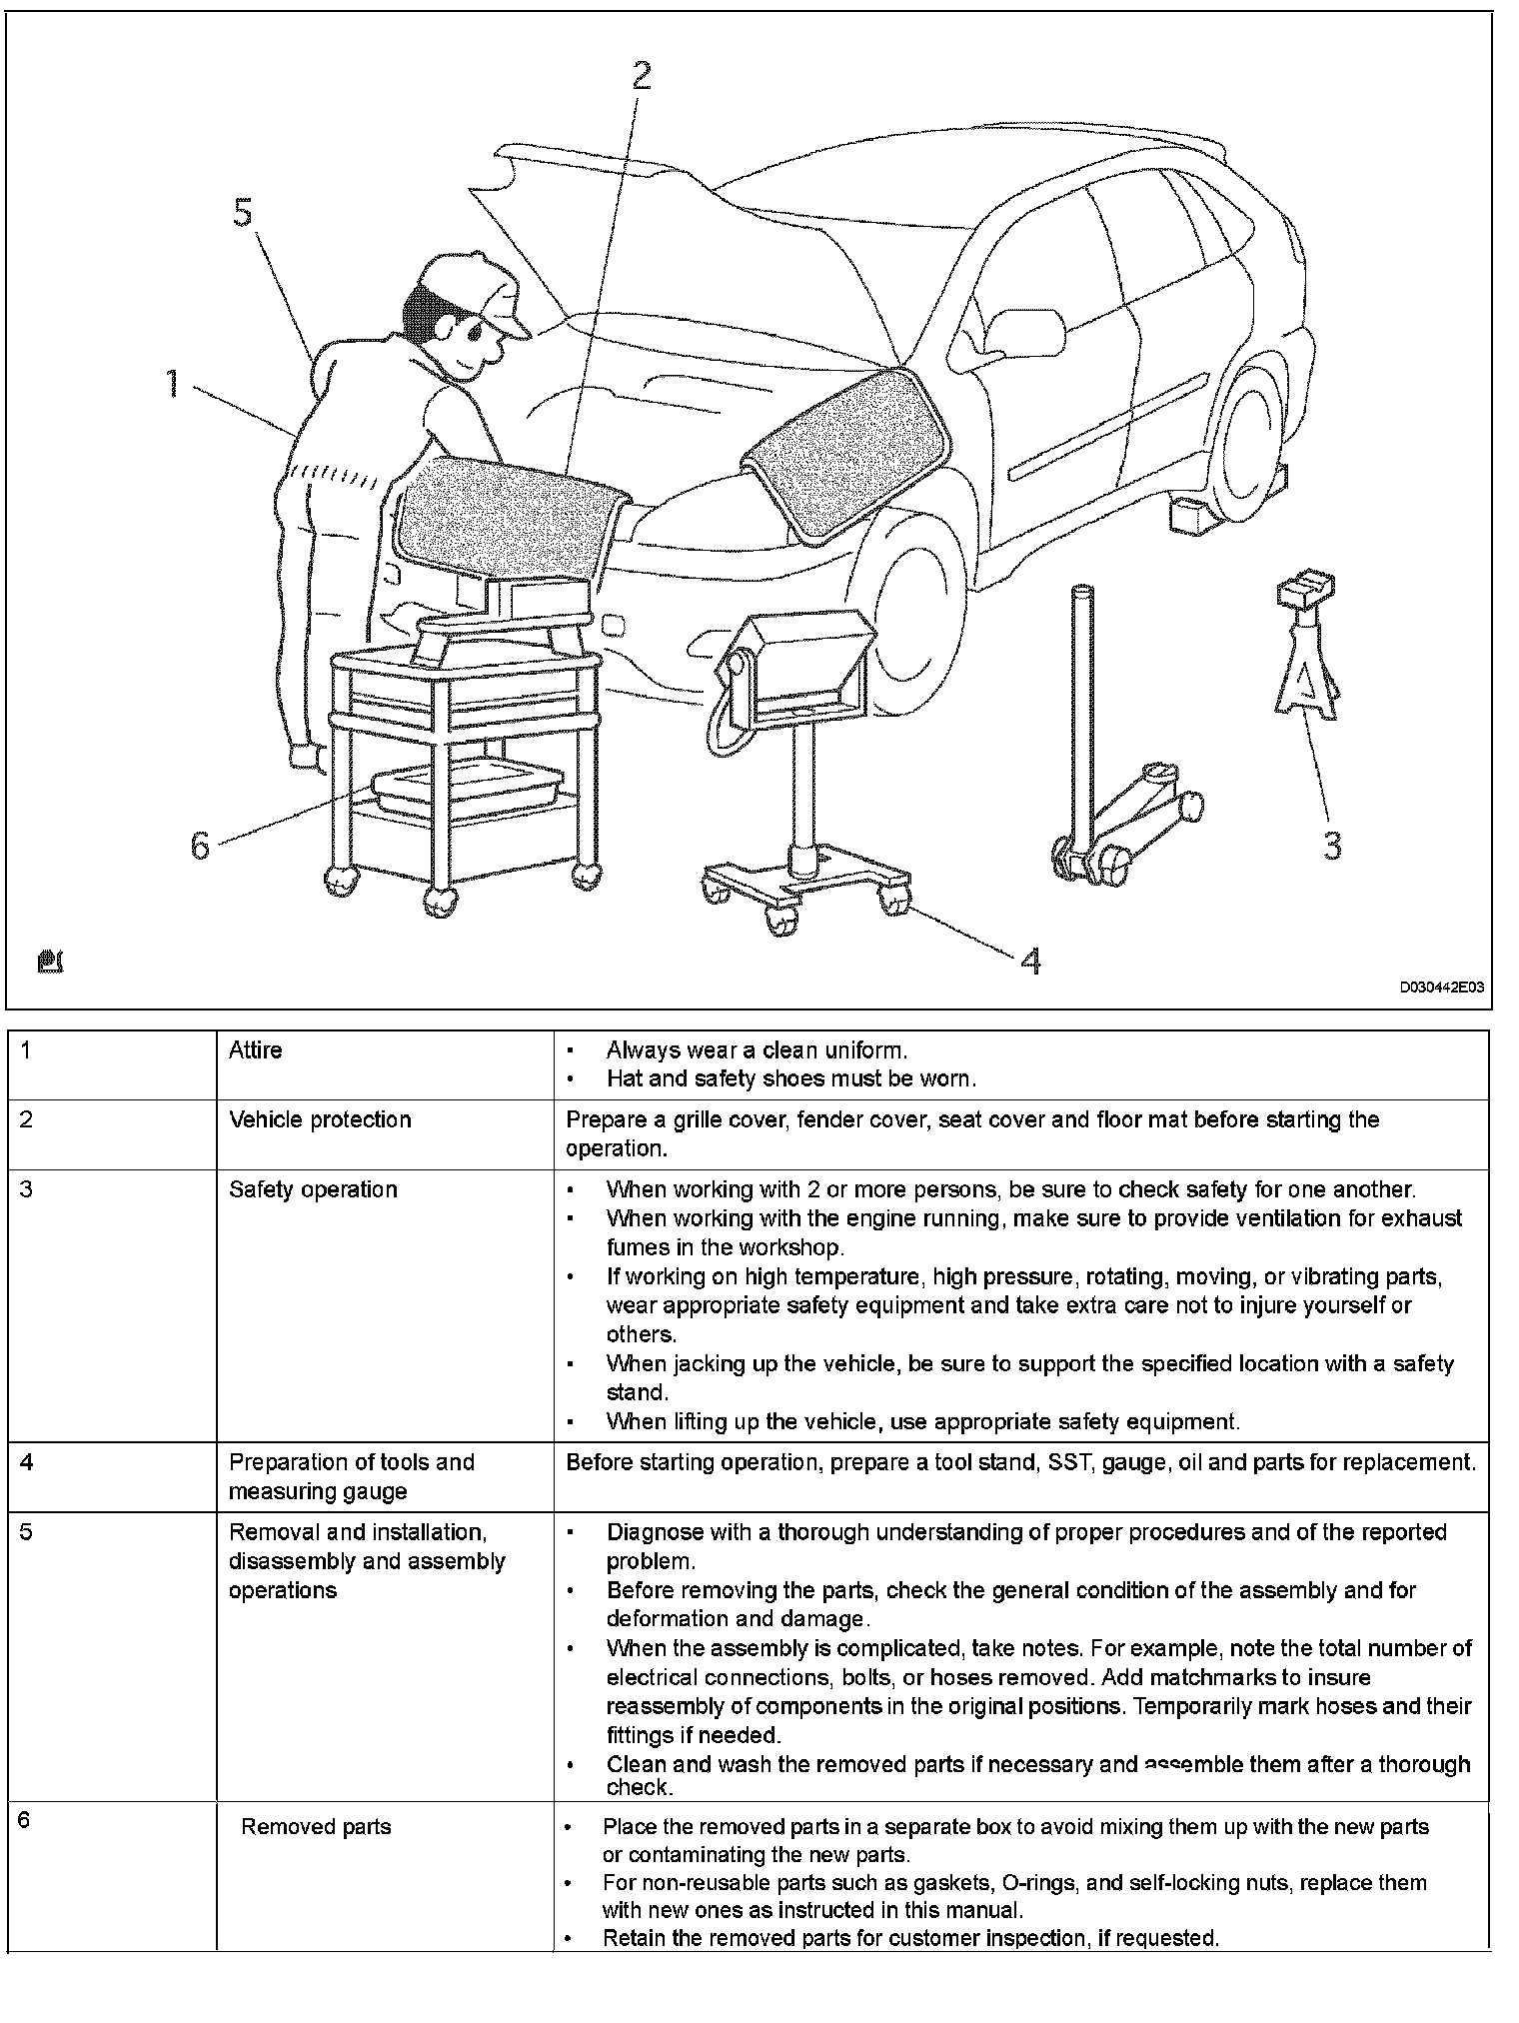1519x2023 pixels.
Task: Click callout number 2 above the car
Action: [641, 76]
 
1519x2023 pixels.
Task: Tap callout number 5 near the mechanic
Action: [243, 213]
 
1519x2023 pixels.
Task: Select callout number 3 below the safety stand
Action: [1331, 846]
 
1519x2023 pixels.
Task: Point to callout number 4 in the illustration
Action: [1030, 961]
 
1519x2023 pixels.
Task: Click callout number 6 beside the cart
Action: [200, 846]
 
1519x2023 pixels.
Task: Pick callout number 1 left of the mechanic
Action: [172, 383]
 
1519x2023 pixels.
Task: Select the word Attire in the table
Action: [256, 1050]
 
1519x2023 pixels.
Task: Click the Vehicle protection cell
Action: [320, 1119]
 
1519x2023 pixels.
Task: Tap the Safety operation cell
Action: [313, 1189]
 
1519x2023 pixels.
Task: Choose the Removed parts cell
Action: [316, 1827]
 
